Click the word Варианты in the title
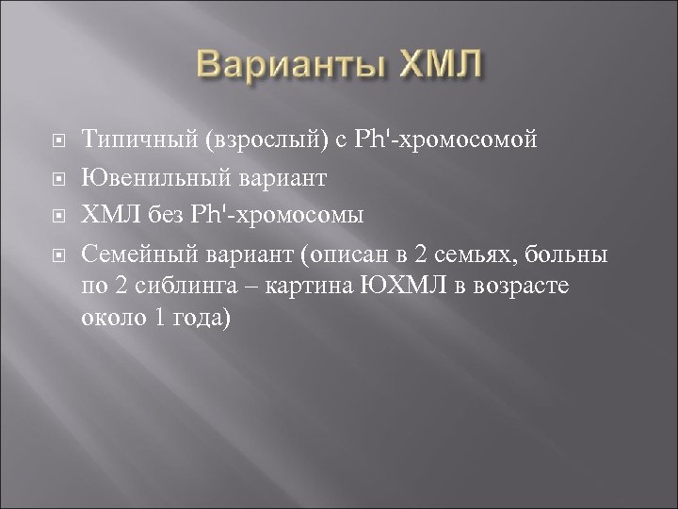(x=282, y=68)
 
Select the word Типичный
(x=137, y=140)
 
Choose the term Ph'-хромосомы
(x=274, y=212)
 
